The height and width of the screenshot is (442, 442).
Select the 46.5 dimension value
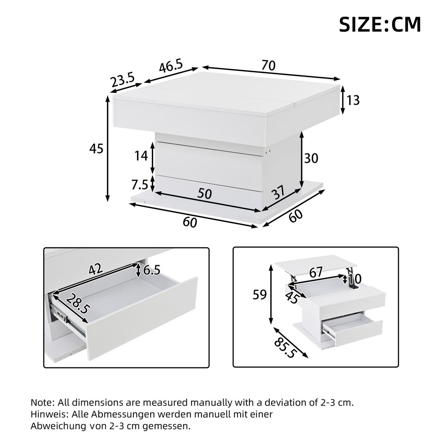pyautogui.click(x=171, y=67)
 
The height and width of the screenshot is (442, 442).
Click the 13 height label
pyautogui.click(x=353, y=100)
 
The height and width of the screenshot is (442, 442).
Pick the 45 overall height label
pyautogui.click(x=97, y=149)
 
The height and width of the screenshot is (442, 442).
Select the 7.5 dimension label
pyautogui.click(x=140, y=185)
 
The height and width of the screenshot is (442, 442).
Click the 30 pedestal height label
pyautogui.click(x=311, y=158)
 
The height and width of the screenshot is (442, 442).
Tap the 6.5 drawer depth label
pyautogui.click(x=151, y=271)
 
